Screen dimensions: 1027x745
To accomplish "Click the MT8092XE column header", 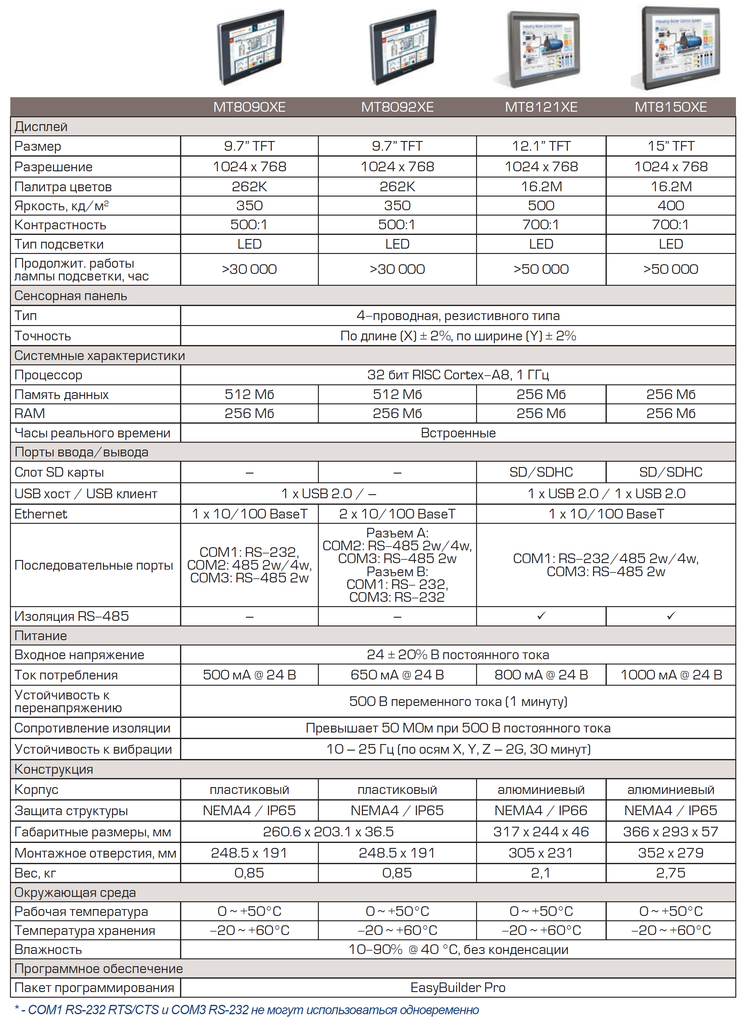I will coord(397,107).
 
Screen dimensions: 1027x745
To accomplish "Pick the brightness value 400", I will coord(671,206).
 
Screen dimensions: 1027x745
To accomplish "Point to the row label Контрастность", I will coord(60,225).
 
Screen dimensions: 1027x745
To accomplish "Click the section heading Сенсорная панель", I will coord(71,296).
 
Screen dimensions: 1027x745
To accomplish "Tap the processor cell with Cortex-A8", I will coord(458,375).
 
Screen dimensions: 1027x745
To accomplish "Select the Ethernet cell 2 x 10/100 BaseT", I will coord(397,514).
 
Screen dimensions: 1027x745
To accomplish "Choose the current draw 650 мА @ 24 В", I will coord(397,675).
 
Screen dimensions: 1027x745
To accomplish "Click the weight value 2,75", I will coord(671,873).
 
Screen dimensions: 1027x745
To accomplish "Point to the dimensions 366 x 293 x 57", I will coord(671,832).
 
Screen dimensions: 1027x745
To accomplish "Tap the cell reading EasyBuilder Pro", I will coord(458,988).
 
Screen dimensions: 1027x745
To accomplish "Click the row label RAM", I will coord(30,413).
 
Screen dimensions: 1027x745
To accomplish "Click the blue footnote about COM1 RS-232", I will coord(247,1010).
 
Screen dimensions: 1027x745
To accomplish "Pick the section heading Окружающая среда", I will coord(75,893).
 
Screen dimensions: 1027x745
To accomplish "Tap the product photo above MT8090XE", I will coord(250,47).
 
